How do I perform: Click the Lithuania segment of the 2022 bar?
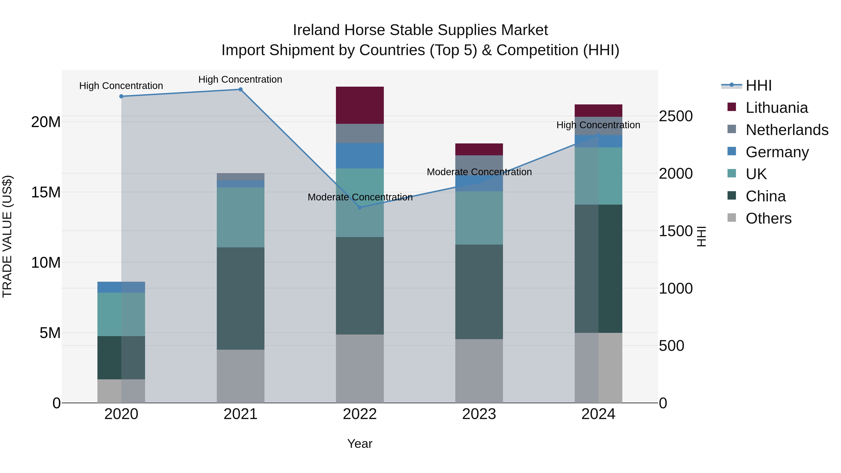click(360, 105)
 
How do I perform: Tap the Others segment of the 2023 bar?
click(479, 371)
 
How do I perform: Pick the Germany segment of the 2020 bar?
click(121, 287)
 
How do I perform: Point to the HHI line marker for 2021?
click(241, 89)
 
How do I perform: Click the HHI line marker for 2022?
click(360, 207)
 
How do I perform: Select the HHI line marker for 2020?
click(121, 96)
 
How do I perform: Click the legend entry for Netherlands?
click(787, 130)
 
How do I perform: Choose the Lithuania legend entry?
click(776, 108)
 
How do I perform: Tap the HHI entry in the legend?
click(758, 85)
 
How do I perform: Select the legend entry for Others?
click(768, 218)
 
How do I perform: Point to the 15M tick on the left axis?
click(46, 192)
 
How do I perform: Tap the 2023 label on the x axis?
click(479, 414)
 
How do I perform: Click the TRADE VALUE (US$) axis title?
click(7, 236)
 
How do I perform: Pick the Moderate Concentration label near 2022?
click(360, 197)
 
